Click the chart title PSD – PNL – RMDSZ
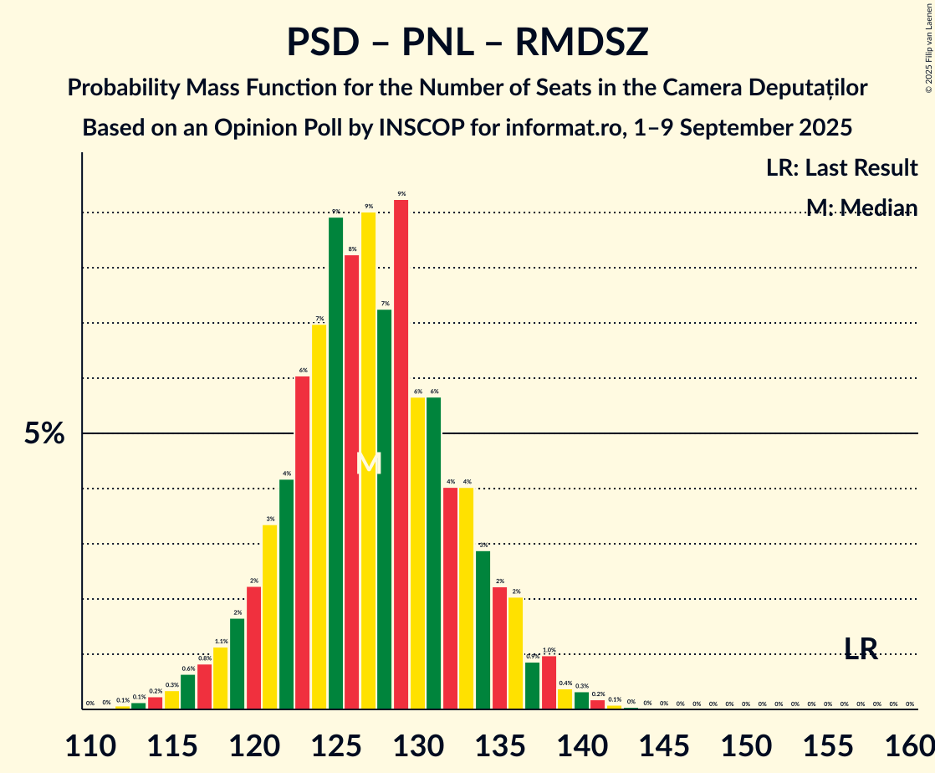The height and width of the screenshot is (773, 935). click(x=467, y=42)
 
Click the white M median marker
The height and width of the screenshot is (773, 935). click(x=369, y=463)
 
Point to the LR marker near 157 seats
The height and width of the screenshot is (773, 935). click(x=861, y=648)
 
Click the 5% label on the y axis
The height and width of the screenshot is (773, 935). click(x=44, y=434)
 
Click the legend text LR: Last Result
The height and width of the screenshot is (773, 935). click(x=841, y=167)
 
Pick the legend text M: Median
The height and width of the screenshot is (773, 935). click(x=861, y=207)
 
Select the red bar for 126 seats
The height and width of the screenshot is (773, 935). click(x=352, y=482)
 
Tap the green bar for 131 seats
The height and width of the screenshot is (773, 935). click(x=434, y=553)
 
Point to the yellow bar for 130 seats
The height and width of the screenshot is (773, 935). click(x=417, y=553)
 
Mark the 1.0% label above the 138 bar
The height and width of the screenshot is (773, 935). click(x=549, y=650)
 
